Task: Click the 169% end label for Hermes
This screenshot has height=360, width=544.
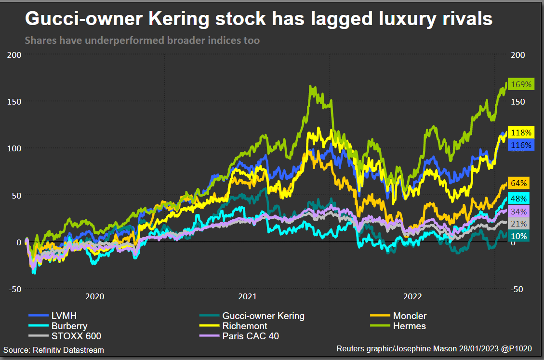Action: [x=521, y=84]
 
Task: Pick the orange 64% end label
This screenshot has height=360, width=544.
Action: [x=518, y=183]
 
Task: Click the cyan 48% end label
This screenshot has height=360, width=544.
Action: [x=518, y=198]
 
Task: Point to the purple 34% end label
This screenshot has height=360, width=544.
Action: [x=518, y=211]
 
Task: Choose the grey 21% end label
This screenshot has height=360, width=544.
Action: [x=518, y=224]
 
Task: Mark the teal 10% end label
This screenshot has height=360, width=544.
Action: [x=518, y=236]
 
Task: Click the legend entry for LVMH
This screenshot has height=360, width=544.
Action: [x=64, y=316]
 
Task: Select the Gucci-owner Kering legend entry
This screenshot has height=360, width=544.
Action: [x=263, y=316]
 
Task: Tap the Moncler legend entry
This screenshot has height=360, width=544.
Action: [x=409, y=316]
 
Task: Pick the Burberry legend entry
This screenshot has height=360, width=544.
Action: [x=69, y=326]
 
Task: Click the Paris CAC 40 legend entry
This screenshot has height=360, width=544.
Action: [x=250, y=336]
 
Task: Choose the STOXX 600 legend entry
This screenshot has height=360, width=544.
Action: [x=76, y=336]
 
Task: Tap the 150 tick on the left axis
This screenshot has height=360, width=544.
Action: [x=15, y=101]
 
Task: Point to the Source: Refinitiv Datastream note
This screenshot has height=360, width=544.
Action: [x=53, y=350]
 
